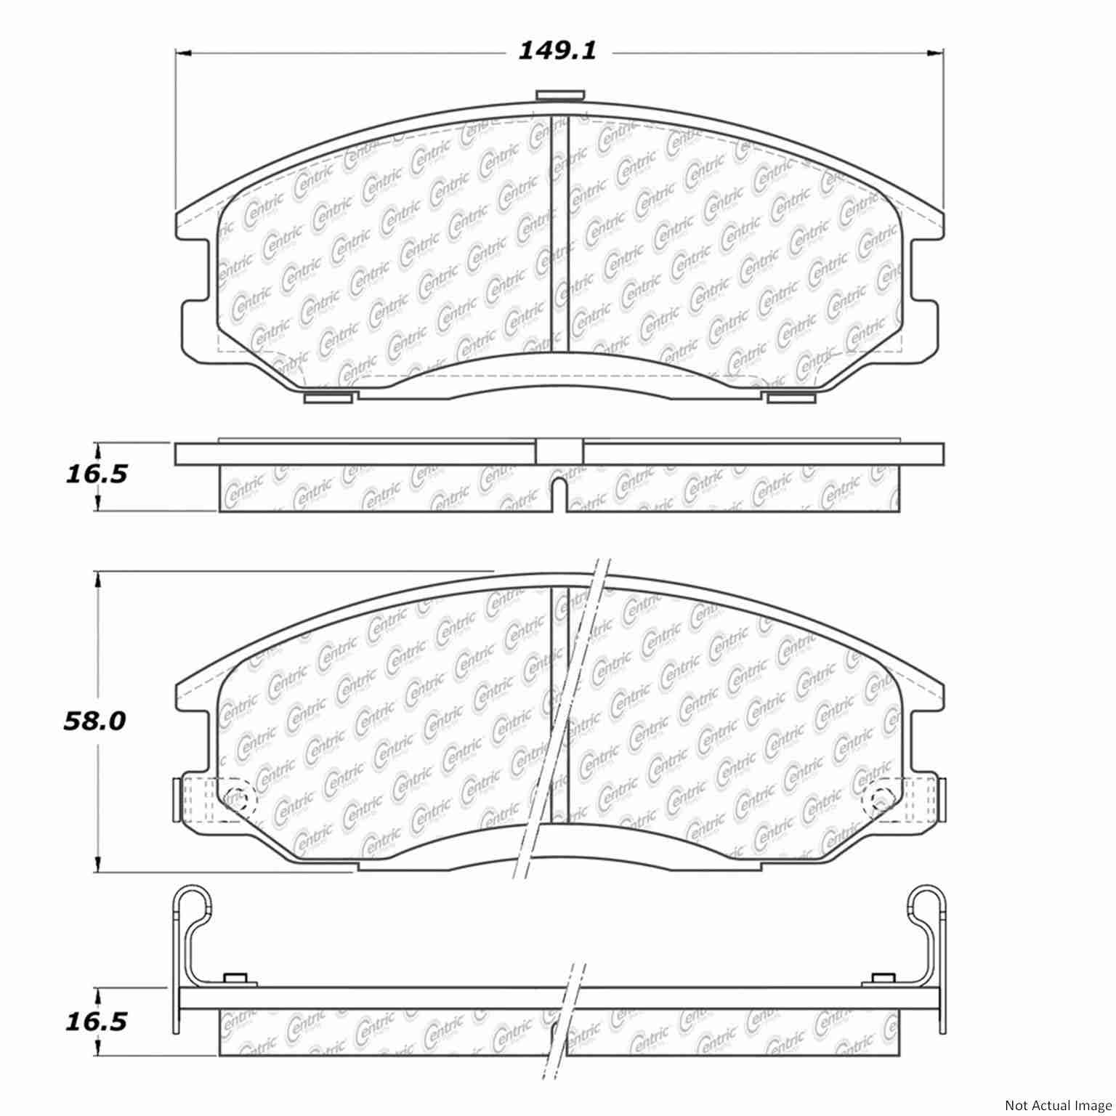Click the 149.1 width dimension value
pyautogui.click(x=557, y=52)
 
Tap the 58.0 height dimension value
pyautogui.click(x=94, y=721)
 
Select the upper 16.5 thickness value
pyautogui.click(x=96, y=474)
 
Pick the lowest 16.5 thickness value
pyautogui.click(x=96, y=1022)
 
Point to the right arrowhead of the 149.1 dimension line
pyautogui.click(x=937, y=53)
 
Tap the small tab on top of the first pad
pyautogui.click(x=559, y=95)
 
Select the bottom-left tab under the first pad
pyautogui.click(x=328, y=397)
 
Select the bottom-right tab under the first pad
pyautogui.click(x=790, y=397)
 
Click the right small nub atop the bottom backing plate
pyautogui.click(x=882, y=979)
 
